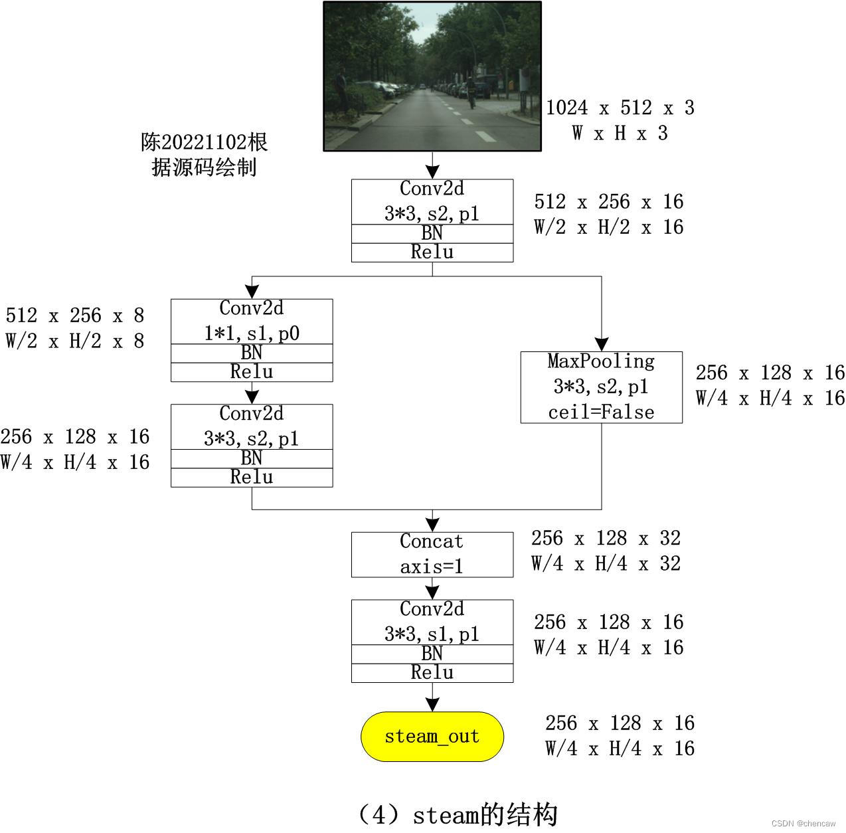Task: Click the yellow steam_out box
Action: point(432,736)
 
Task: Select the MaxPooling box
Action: point(601,387)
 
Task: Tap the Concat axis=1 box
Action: point(432,554)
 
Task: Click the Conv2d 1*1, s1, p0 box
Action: point(252,321)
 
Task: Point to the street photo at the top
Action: point(432,76)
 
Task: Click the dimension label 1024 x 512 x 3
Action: point(620,108)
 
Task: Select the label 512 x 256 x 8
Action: point(74,316)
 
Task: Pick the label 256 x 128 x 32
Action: point(606,538)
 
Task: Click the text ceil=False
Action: point(601,413)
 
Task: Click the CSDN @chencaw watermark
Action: point(803,824)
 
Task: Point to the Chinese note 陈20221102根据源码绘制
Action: point(204,155)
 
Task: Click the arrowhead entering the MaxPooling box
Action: point(602,344)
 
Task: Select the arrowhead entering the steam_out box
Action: point(432,704)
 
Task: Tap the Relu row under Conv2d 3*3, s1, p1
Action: point(432,673)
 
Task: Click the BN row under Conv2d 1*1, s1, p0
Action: point(252,353)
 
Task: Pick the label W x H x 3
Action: point(620,134)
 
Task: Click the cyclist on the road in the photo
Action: point(471,93)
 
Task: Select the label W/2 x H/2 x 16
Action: point(608,227)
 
